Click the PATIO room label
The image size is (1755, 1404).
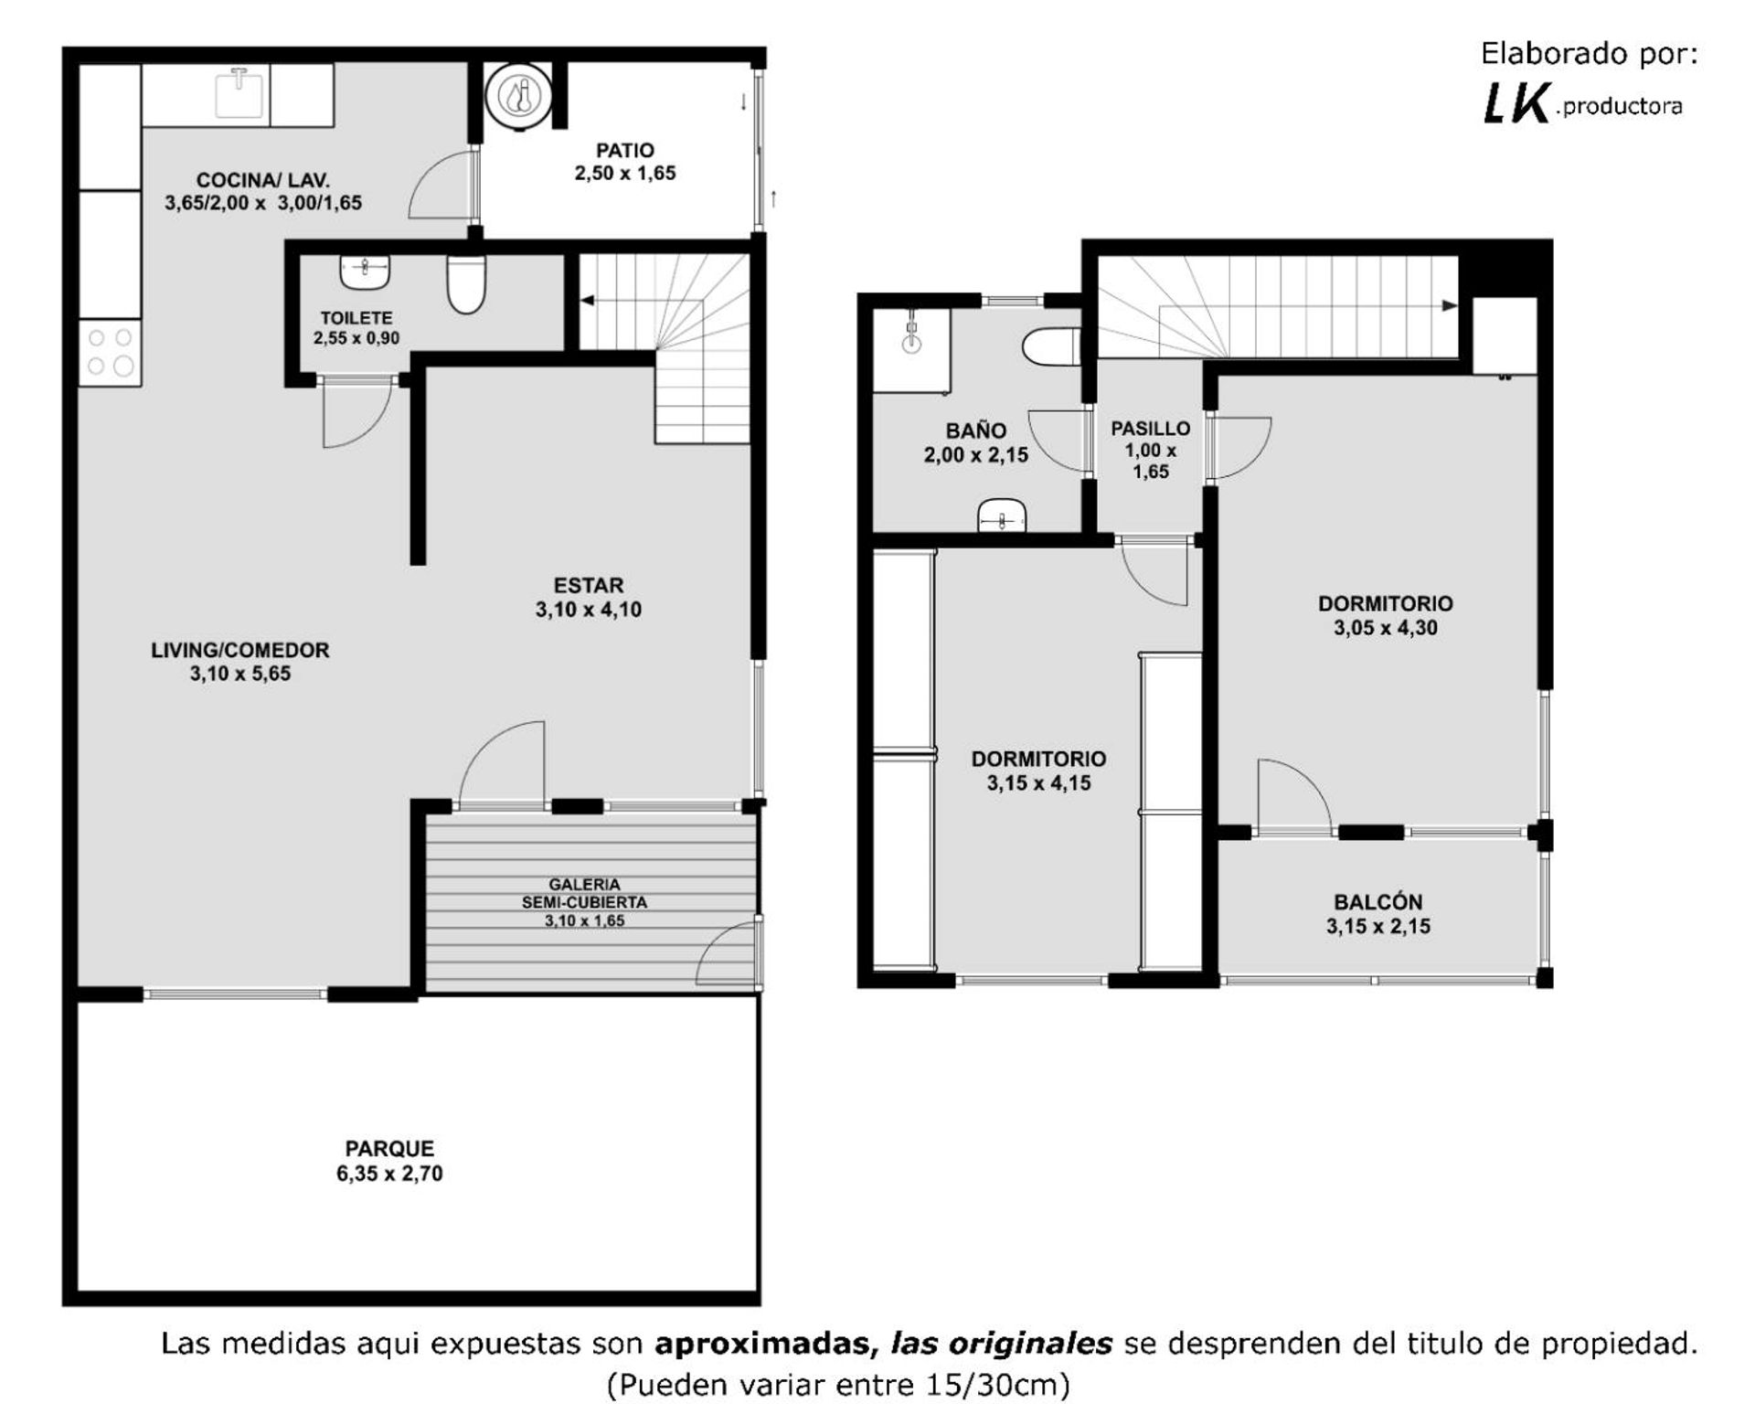tap(625, 150)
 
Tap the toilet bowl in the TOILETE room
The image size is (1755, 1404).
tap(466, 283)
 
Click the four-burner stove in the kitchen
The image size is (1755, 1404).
tap(110, 353)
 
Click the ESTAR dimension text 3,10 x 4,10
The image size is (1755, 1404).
tap(589, 610)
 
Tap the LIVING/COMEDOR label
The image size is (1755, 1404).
tap(240, 650)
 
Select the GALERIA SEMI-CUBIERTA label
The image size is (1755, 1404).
tap(585, 893)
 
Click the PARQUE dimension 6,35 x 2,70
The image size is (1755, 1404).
tap(389, 1173)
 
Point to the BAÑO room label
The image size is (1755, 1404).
tap(976, 431)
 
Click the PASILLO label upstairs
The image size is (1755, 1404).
tap(1151, 428)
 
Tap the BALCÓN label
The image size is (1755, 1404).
tap(1378, 902)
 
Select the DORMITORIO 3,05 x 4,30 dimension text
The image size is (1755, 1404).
tap(1386, 628)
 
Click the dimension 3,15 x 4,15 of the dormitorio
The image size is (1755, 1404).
tap(1038, 783)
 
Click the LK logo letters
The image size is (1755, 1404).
tap(1516, 103)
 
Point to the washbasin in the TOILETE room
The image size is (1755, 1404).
tap(365, 271)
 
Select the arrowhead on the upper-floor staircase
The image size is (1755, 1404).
tap(1450, 305)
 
